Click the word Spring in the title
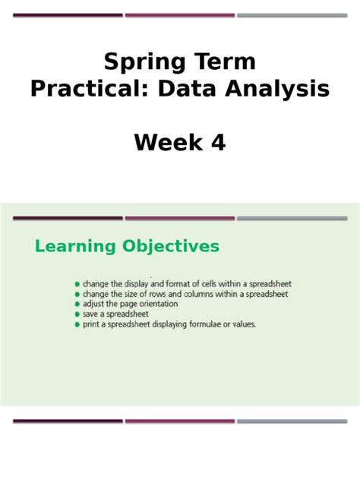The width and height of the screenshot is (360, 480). point(139,62)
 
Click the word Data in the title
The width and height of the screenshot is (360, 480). point(184,90)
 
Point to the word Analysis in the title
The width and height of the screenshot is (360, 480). point(274,90)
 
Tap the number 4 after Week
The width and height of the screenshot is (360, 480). point(218,142)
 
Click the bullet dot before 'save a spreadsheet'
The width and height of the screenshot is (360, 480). point(77,314)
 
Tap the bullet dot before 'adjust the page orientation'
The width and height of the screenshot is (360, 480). point(77,304)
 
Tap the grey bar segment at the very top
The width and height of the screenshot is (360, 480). point(292,14)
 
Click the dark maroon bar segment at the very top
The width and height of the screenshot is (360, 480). point(68,14)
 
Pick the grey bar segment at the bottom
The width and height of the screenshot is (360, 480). point(292,421)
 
